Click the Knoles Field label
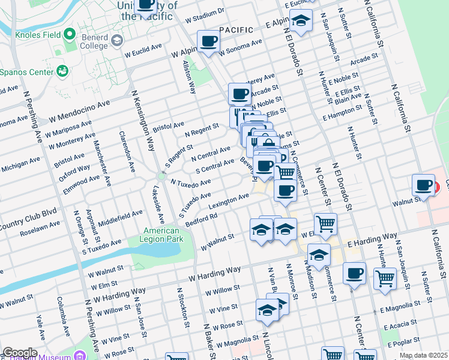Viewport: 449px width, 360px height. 39,35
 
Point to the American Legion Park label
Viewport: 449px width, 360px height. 161,235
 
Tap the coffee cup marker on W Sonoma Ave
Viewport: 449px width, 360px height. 208,41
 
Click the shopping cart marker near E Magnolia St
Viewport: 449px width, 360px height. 385,278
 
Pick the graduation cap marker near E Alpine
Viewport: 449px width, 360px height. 301,20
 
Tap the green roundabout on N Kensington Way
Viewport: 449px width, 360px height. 161,176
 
